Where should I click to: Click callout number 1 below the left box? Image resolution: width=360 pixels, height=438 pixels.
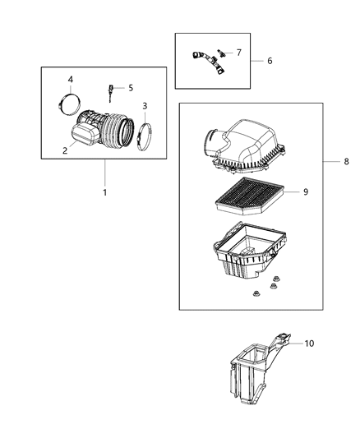pos(104,192)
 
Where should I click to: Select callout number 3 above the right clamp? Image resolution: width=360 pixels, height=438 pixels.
pos(145,106)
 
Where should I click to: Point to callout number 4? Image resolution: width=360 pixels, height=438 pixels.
pos(70,79)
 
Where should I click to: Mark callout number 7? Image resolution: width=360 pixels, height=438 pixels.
pos(238,52)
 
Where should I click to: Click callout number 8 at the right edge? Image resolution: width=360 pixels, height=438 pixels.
pos(347,161)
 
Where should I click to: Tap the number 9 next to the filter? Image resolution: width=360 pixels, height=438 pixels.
pos(305,191)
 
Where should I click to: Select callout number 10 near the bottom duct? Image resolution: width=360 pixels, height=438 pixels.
pos(308,343)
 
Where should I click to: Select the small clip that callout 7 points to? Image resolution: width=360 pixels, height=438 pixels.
pos(221,55)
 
